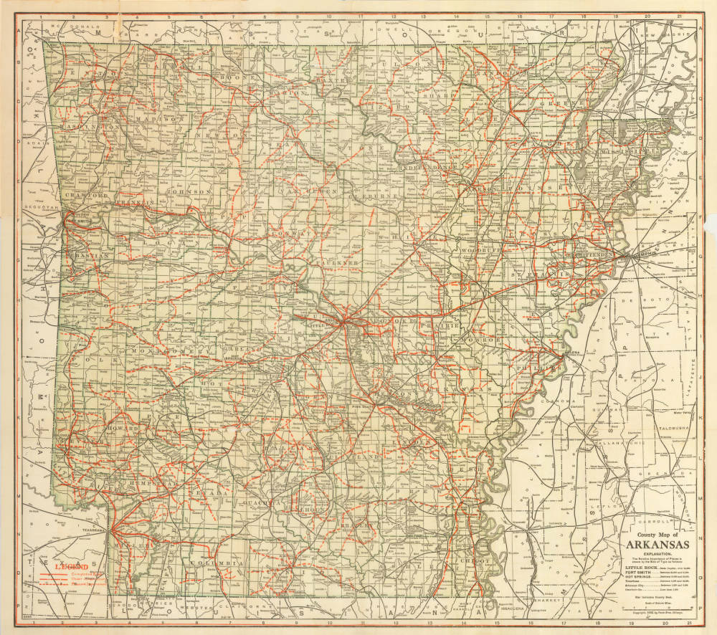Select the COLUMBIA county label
click(x=215, y=563)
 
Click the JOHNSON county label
click(x=189, y=192)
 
